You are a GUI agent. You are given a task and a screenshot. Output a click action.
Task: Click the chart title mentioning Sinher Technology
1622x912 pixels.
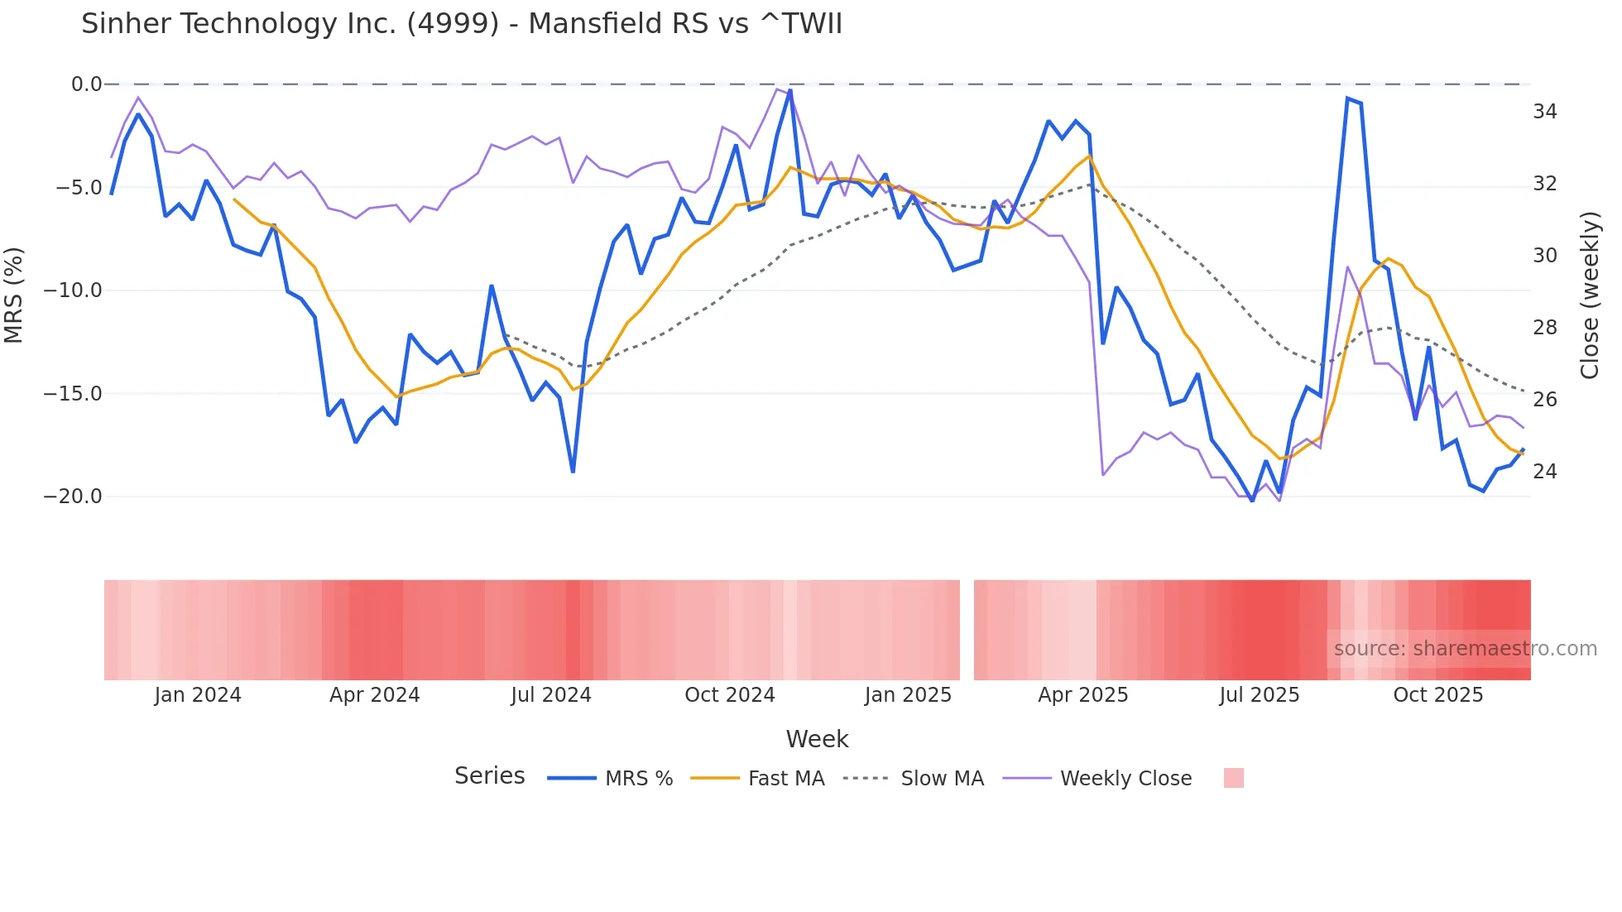[461, 24]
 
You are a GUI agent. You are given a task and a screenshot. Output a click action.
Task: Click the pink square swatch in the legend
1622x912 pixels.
[1233, 778]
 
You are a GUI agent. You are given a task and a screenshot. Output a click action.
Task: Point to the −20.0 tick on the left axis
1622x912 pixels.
[73, 497]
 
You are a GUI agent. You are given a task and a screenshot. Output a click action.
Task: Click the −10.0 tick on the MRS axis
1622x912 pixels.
[73, 290]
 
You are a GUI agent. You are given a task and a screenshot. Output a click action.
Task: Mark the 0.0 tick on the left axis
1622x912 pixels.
[86, 84]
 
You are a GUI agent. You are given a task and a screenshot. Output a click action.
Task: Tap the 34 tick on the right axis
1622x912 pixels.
[1544, 112]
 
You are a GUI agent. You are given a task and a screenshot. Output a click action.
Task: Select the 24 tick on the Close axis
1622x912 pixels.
[1544, 472]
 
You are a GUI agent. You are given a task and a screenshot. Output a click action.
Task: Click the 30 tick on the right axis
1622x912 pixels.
[1544, 256]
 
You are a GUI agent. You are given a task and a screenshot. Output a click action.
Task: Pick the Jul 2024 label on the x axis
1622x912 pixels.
[550, 695]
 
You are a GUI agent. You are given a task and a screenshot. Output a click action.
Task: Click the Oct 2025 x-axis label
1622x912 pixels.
[1437, 695]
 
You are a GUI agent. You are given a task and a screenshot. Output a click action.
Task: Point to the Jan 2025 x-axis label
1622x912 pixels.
[908, 695]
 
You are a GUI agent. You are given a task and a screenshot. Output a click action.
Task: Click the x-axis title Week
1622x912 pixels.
[817, 739]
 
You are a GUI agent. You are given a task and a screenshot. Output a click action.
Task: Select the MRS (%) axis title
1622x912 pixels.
[14, 295]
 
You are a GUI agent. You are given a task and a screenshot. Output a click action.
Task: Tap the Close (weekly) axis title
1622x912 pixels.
[1589, 295]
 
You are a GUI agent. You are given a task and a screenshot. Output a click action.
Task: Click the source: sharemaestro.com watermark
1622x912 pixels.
[1465, 649]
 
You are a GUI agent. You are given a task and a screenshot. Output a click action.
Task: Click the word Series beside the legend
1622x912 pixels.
[489, 776]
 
